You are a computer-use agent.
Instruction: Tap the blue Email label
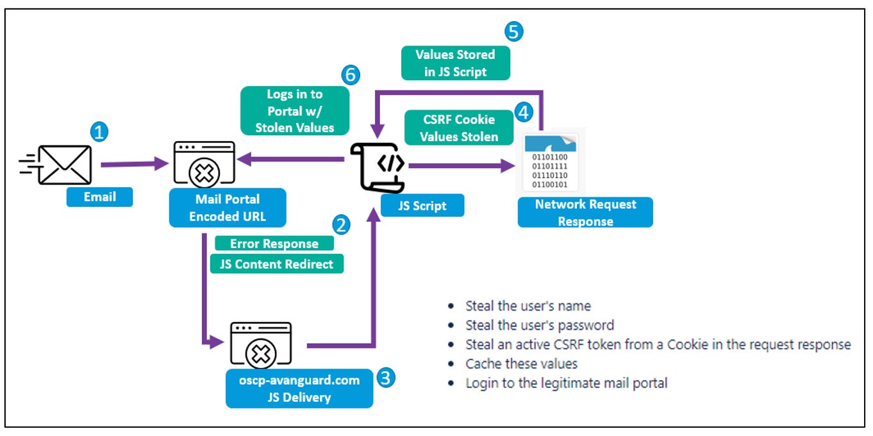coord(99,197)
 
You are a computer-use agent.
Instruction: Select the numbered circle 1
coord(98,133)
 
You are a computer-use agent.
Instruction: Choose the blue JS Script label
coord(422,206)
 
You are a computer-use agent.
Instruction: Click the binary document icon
coord(549,162)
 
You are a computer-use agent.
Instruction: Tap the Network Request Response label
coord(585,212)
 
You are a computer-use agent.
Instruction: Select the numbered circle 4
coord(524,113)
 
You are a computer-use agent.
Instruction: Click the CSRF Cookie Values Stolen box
coord(458,128)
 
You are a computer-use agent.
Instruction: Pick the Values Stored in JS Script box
coord(455,63)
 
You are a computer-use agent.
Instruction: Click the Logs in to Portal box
coord(295,110)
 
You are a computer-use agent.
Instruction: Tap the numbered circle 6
coord(350,75)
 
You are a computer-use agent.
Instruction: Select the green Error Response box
coord(274,244)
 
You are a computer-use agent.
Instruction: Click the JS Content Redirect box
coord(277,264)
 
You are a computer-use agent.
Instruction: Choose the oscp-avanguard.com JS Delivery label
coord(299,389)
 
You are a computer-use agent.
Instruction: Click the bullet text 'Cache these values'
coord(521,364)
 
